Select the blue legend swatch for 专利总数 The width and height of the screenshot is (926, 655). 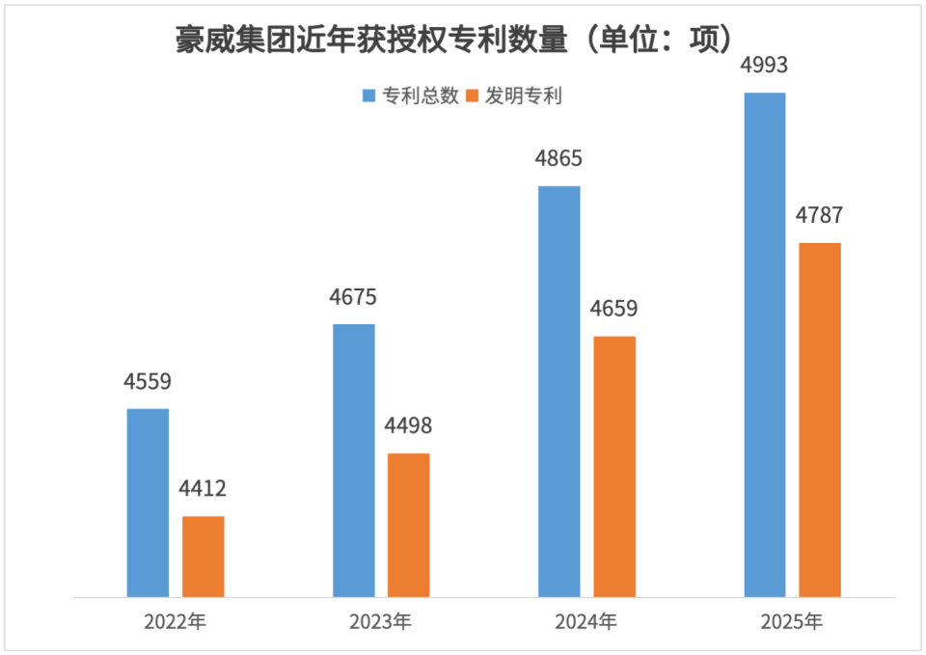369,96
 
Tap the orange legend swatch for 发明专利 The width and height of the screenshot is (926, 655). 473,96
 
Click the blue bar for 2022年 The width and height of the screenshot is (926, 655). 148,503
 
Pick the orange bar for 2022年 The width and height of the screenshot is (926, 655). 204,557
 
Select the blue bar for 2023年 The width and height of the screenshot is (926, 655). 354,460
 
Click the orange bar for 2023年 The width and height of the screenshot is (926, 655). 409,525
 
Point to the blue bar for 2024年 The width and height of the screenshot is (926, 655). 559,391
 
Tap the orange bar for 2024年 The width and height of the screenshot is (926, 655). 614,466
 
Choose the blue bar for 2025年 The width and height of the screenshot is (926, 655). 765,344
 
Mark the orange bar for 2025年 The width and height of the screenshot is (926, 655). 820,420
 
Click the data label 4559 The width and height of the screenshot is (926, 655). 148,381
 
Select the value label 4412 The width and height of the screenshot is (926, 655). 203,489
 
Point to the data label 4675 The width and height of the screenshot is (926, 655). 353,297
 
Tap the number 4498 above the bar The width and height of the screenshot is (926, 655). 408,425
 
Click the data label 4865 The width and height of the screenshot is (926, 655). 559,158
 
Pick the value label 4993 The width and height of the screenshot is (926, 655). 765,67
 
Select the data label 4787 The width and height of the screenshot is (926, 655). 820,215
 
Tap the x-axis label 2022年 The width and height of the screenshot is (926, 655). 176,622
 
